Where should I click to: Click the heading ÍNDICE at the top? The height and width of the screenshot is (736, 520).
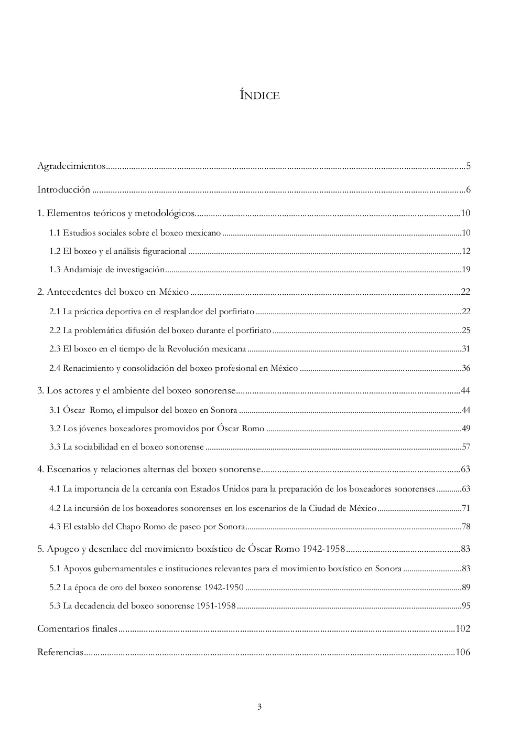point(259,95)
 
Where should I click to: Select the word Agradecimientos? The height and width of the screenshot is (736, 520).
point(71,166)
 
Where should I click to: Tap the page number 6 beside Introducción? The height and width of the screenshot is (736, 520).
point(468,189)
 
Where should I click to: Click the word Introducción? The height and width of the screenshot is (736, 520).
point(63,189)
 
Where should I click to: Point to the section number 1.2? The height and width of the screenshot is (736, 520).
point(55,251)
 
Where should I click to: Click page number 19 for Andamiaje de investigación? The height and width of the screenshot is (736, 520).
point(466,270)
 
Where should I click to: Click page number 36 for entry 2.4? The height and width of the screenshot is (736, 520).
point(466,368)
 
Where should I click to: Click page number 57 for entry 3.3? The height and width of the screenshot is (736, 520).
point(466,447)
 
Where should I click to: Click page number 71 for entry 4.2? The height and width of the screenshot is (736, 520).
point(466,508)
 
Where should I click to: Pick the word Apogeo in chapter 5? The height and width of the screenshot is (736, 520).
point(62,549)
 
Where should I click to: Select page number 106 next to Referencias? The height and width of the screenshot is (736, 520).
point(463,652)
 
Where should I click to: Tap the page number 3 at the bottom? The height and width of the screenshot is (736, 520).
point(259,706)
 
